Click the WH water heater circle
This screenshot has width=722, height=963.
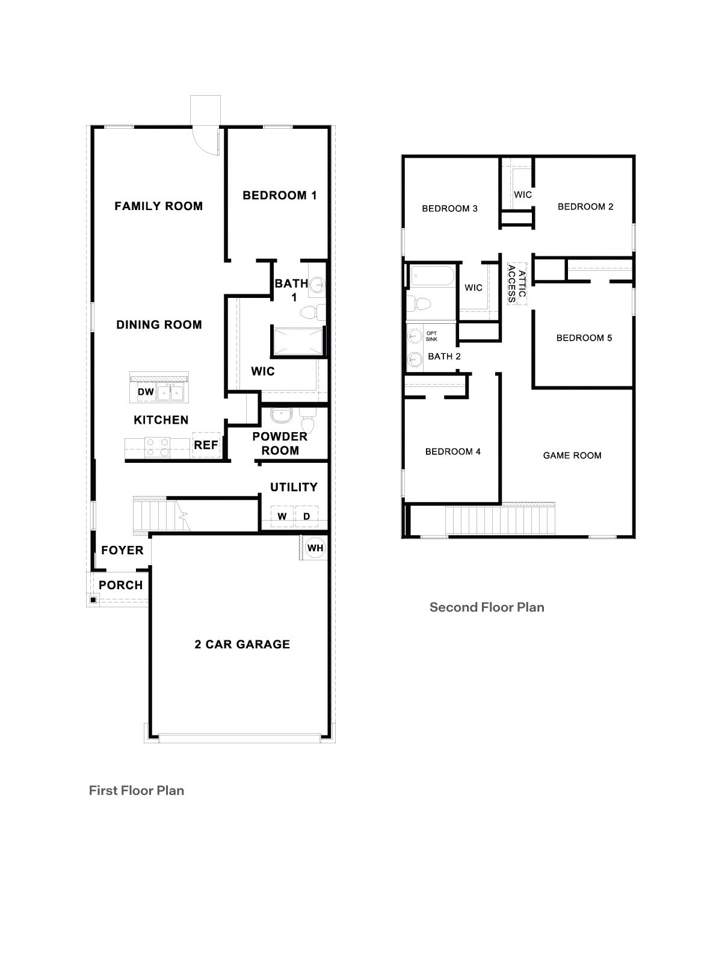(x=315, y=548)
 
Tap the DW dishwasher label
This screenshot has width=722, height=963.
(x=146, y=392)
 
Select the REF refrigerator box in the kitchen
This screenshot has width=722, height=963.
(x=206, y=445)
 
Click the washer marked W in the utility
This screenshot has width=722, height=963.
(x=282, y=516)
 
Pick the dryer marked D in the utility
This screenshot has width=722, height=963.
(x=306, y=516)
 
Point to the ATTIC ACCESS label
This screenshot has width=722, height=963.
(x=517, y=283)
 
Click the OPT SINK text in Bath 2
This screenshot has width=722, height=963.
(x=431, y=336)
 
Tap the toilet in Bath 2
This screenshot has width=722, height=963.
(x=419, y=303)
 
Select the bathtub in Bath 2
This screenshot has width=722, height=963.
(x=432, y=276)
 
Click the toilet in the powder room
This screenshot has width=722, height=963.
(x=307, y=421)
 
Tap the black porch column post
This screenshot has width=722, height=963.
(x=93, y=599)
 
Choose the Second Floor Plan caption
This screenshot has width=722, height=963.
(x=487, y=607)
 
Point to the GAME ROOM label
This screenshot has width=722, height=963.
(x=572, y=456)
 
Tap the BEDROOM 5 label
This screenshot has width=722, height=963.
(x=584, y=338)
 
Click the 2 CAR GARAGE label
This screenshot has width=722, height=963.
(x=242, y=644)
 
